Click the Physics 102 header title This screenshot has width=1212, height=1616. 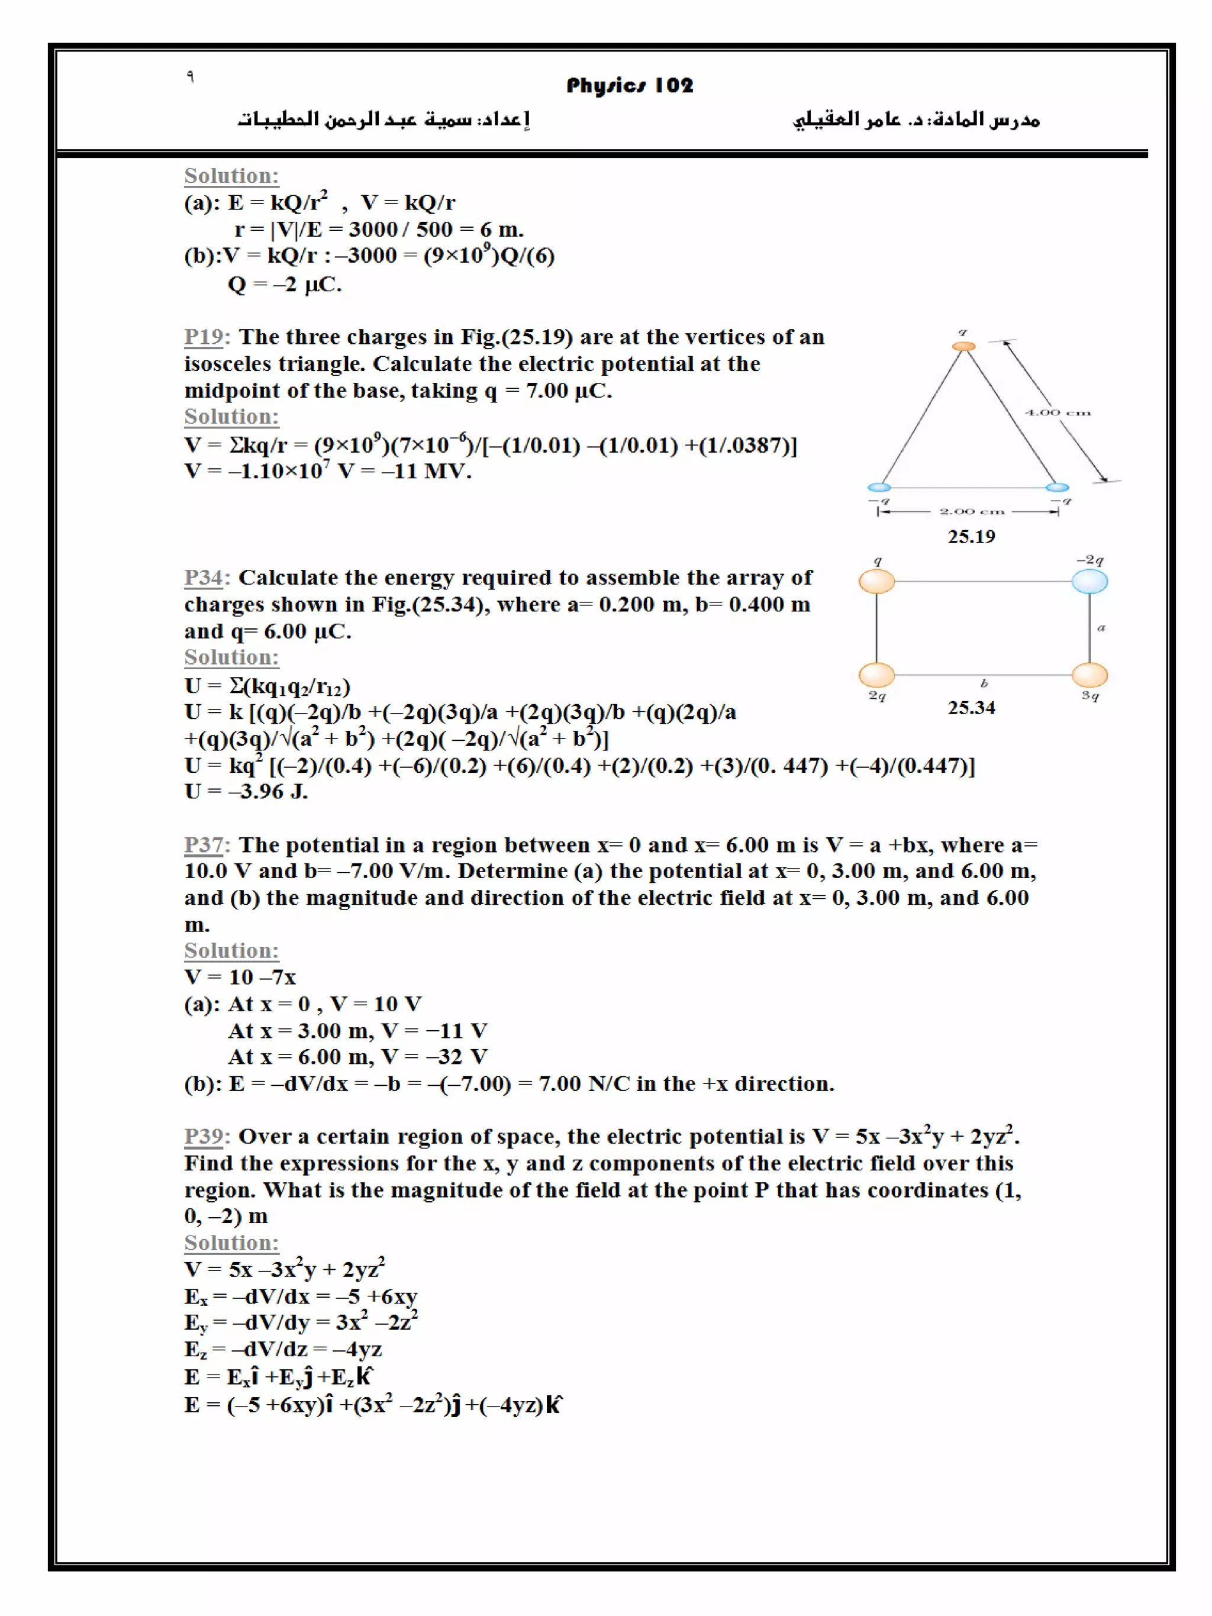tap(629, 85)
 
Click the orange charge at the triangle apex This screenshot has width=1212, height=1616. tap(963, 346)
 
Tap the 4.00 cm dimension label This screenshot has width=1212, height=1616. tap(1056, 413)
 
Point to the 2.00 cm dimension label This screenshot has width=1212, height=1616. tap(971, 511)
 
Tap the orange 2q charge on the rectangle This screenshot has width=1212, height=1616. tap(876, 675)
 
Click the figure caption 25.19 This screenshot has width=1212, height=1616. tap(971, 536)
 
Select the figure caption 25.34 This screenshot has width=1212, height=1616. tap(971, 707)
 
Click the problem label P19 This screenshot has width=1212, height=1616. tap(203, 337)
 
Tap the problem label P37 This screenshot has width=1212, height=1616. tap(203, 844)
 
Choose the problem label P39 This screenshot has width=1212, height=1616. tap(203, 1136)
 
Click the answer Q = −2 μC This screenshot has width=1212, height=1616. tap(284, 283)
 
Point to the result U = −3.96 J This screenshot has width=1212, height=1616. tap(246, 791)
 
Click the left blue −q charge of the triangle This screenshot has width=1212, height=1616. tap(879, 487)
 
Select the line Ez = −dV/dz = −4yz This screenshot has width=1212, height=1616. tap(283, 1349)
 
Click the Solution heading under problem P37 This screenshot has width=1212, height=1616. tap(231, 950)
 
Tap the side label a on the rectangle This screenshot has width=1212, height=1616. tap(1101, 628)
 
